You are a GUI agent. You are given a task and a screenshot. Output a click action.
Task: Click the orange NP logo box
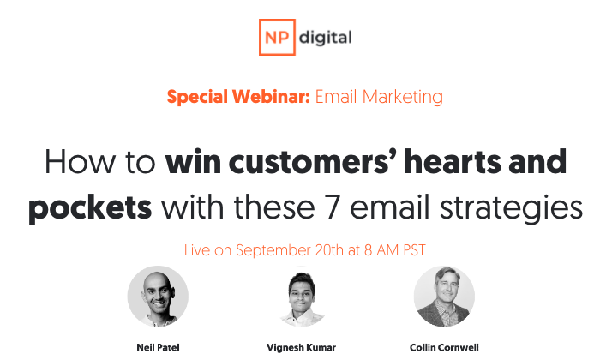pos(277,37)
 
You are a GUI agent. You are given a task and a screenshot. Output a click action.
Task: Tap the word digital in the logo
pos(325,38)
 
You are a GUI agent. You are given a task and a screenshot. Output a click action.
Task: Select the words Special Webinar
pos(238,96)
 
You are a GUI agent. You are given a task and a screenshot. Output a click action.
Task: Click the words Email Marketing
pos(379,97)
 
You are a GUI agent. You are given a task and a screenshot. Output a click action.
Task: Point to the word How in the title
pos(80,162)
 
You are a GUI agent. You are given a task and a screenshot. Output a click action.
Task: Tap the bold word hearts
pos(453,161)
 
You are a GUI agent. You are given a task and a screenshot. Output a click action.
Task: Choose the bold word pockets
pos(90,209)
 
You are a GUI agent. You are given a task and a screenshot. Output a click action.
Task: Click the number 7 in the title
pos(333,207)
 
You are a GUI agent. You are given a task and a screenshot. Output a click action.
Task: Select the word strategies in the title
pos(511,209)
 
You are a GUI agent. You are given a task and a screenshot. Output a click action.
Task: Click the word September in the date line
pos(273,250)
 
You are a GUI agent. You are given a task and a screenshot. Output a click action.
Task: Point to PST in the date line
pos(414,250)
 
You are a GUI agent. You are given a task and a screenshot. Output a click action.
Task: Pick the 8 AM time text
pos(382,250)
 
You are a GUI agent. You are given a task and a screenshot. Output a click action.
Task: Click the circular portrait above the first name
pos(158,296)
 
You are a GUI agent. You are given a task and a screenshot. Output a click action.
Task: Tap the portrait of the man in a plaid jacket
pos(444,297)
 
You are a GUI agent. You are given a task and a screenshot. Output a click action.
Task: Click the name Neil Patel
pos(158,347)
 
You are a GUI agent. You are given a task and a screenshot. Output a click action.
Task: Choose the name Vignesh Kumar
pos(301,348)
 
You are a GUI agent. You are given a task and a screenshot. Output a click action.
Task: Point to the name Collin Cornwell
pos(444,347)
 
